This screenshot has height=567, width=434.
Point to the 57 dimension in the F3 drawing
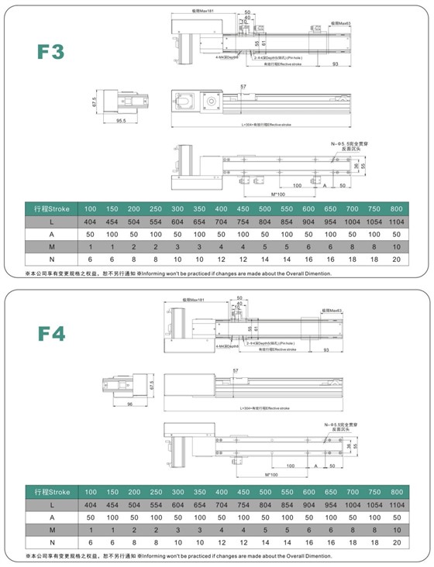pos(243,86)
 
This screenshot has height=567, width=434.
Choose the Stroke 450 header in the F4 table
pos(243,493)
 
